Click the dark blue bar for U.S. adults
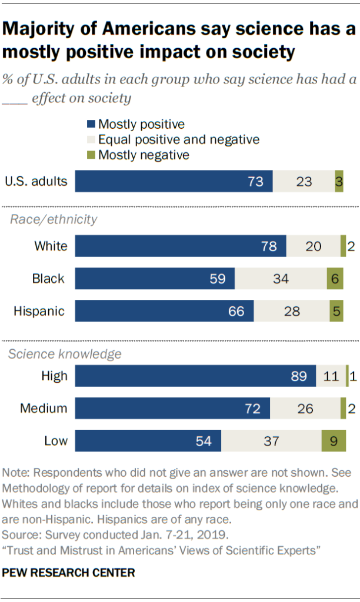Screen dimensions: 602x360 (174, 182)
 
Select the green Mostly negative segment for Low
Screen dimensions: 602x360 (332, 441)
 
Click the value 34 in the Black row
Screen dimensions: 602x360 (281, 279)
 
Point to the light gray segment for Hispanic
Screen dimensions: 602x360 (292, 311)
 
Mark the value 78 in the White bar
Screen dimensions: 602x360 (269, 246)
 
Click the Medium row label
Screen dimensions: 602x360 (44, 408)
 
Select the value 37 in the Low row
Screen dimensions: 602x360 (271, 441)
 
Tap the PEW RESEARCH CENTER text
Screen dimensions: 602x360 (69, 572)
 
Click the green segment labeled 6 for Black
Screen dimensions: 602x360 (335, 279)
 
